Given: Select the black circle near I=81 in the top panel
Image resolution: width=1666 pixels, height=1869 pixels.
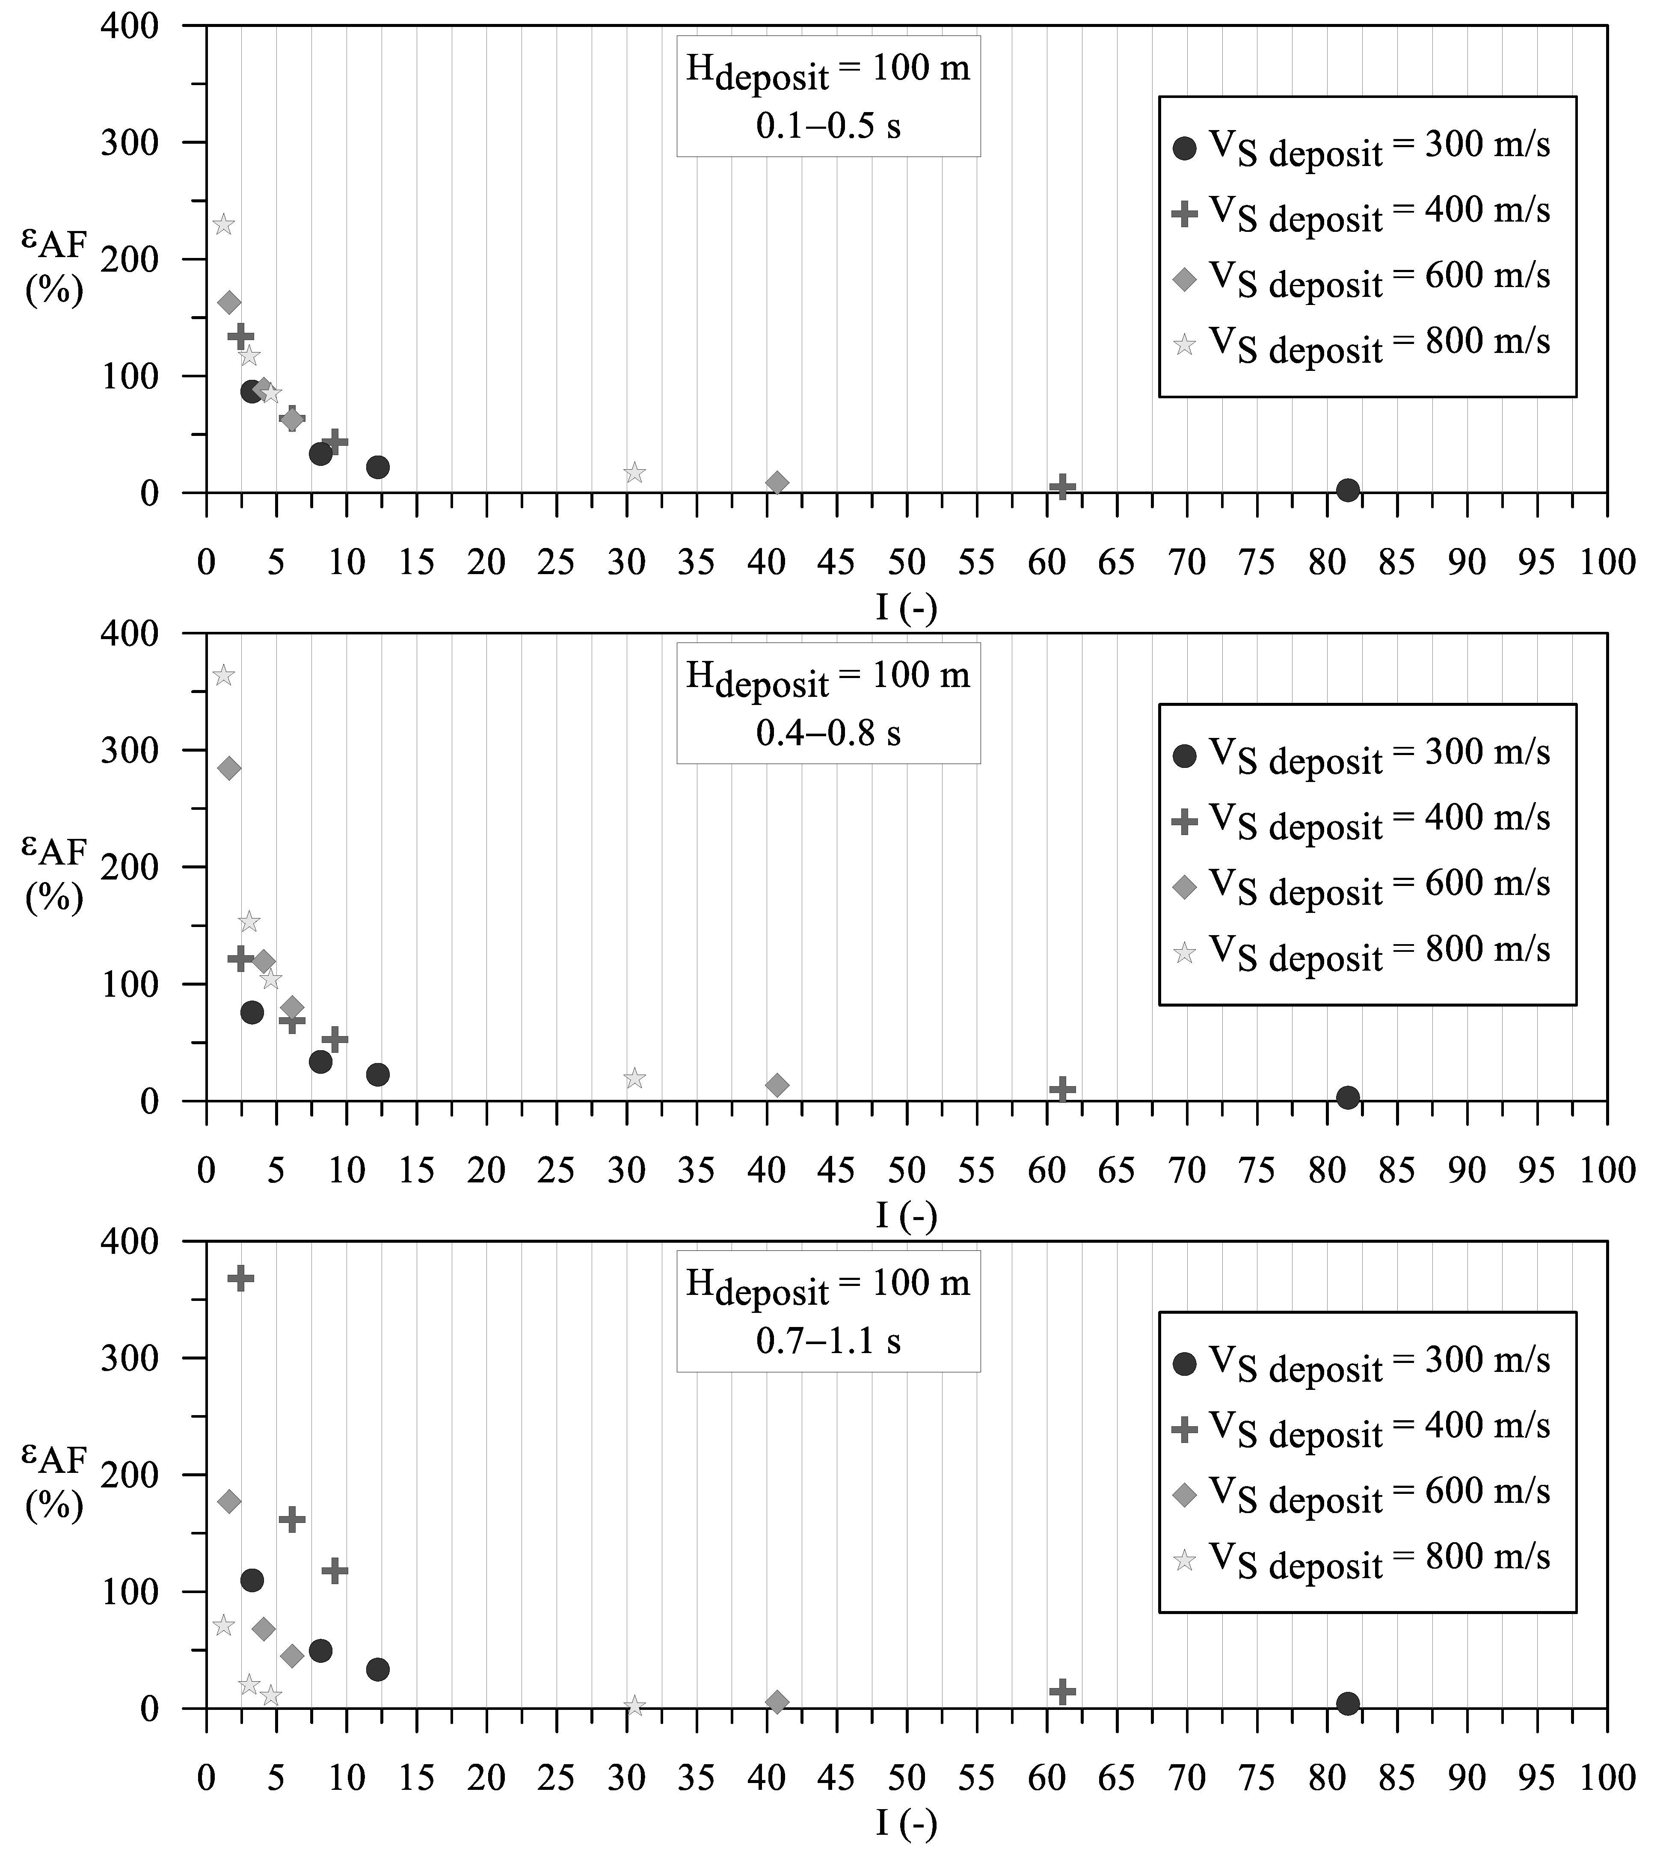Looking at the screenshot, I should [1347, 490].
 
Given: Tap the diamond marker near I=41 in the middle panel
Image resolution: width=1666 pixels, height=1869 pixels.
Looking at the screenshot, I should [777, 1086].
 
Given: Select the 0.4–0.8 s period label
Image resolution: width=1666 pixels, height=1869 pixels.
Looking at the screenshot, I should [828, 733].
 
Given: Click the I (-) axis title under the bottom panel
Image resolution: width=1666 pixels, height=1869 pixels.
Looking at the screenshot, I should [906, 1824].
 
